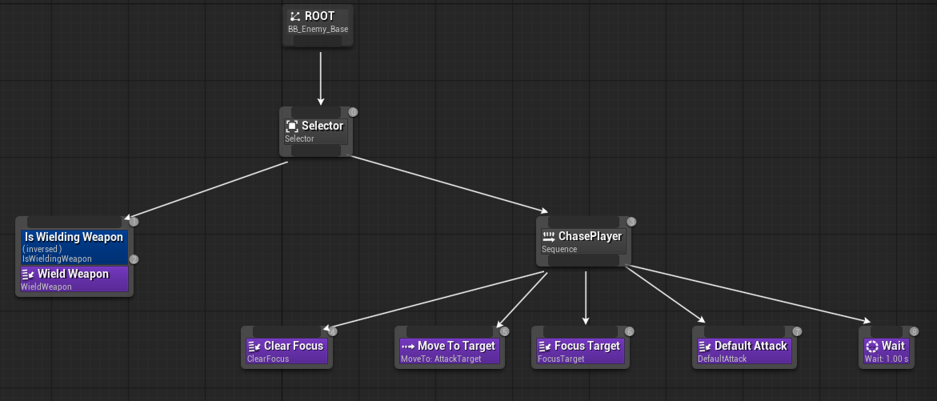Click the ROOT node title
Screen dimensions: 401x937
tap(319, 16)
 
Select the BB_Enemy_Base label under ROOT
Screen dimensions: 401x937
tap(318, 30)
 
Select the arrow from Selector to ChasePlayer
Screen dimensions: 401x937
tap(448, 186)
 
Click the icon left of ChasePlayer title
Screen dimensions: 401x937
tap(549, 237)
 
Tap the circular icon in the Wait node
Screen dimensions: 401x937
tap(872, 347)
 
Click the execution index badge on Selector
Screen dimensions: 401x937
tap(353, 112)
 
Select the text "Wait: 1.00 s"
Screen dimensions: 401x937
tap(887, 359)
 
